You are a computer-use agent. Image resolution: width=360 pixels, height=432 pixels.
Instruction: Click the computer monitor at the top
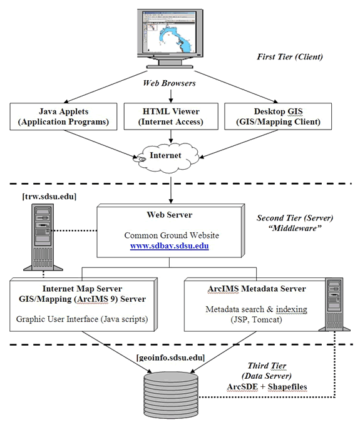[170, 38]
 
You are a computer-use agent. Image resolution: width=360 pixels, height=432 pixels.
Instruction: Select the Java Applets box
[63, 116]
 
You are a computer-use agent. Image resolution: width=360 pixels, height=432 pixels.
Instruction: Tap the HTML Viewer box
[171, 116]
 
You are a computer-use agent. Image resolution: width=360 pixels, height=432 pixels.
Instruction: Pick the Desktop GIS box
[278, 116]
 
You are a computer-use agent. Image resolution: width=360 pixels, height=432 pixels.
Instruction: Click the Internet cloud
[167, 158]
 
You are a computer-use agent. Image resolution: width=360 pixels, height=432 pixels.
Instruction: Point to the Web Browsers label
[169, 83]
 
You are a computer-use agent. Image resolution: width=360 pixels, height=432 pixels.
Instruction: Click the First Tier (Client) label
[290, 57]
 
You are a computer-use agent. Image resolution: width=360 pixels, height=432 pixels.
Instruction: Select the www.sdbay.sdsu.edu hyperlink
[170, 246]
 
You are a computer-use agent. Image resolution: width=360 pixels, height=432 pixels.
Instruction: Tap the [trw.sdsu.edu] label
[49, 197]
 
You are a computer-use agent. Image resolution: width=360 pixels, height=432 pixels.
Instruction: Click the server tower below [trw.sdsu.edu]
[43, 237]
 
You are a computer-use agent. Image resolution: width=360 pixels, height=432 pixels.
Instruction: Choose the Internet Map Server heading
[82, 289]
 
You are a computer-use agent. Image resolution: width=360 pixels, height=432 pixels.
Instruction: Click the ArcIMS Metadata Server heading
[257, 289]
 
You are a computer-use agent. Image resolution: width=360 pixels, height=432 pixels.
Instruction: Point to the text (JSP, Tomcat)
[256, 319]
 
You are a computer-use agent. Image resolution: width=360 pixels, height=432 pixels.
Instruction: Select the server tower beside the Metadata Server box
[334, 304]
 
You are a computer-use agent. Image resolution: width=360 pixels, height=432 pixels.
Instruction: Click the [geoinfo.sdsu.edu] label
[170, 357]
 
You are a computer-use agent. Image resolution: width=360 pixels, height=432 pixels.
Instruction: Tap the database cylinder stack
[171, 394]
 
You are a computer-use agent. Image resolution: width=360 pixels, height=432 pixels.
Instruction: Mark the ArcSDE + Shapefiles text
[267, 386]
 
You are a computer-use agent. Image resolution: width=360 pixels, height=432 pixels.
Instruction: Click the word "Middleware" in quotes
[295, 228]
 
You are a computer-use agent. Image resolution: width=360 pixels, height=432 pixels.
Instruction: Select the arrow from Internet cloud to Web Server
[171, 190]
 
